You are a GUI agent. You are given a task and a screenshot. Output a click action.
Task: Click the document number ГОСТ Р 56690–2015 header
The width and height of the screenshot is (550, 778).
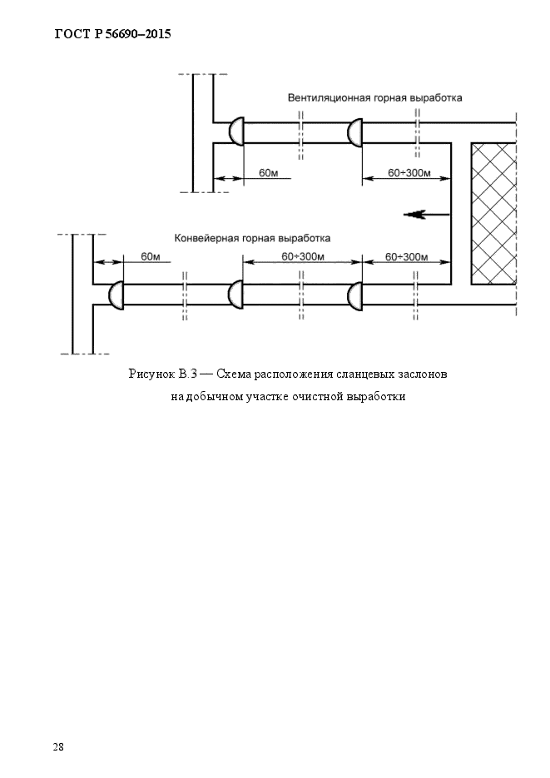112,34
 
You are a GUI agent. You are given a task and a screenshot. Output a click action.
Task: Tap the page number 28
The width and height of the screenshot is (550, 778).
58,746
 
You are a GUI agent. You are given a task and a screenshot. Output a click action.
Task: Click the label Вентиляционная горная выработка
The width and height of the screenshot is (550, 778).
375,97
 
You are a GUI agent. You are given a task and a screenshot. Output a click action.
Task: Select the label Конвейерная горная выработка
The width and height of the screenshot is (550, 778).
252,238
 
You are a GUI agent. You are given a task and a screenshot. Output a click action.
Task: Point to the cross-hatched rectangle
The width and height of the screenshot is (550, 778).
493,214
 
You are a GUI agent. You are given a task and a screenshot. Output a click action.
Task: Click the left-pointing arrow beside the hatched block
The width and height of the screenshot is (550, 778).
427,215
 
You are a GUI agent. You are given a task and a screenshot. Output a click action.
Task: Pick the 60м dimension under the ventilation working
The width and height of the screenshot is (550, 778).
268,173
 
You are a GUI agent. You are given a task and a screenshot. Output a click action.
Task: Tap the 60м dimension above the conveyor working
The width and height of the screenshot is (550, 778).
151,256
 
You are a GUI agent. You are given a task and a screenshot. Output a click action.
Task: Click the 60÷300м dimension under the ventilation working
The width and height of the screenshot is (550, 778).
409,173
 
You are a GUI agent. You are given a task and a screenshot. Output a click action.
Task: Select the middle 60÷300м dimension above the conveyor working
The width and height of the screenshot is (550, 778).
303,256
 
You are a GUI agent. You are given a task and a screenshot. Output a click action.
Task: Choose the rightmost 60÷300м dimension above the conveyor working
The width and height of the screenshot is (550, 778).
407,257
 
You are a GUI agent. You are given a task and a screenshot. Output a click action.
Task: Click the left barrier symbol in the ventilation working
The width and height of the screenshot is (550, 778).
236,132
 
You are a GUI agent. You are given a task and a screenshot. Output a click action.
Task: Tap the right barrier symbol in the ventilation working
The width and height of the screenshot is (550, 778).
355,132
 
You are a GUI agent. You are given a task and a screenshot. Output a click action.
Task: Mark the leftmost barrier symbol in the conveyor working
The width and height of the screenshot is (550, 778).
116,295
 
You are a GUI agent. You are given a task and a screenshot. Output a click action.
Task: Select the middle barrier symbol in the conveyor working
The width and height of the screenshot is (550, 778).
235,295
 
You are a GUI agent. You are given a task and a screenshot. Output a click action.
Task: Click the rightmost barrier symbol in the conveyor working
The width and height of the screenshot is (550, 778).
355,295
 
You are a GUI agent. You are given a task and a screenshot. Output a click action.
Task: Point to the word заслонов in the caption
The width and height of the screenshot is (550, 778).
423,374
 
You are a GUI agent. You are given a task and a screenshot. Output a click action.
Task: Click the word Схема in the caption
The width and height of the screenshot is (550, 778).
234,374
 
